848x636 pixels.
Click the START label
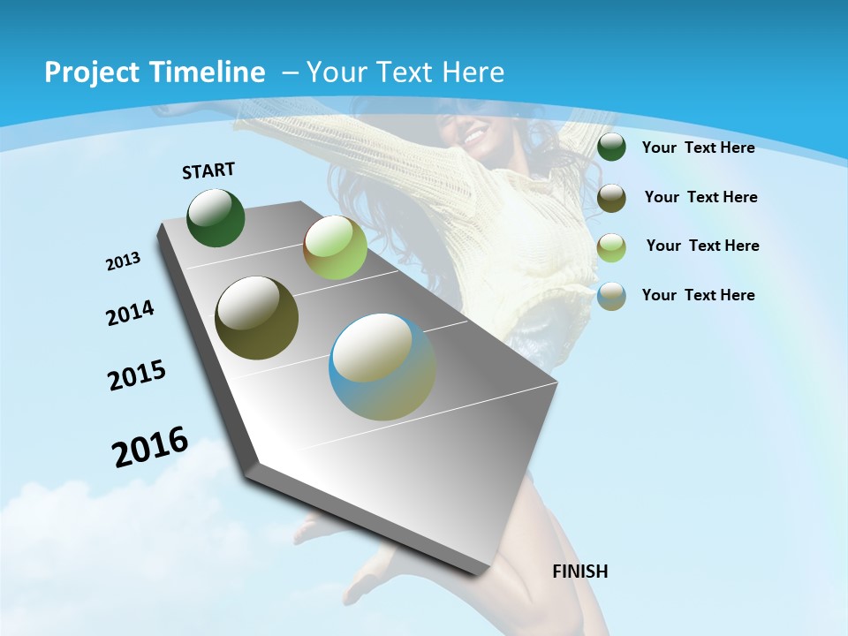click(208, 170)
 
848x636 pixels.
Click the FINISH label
click(580, 572)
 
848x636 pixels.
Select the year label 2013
click(123, 261)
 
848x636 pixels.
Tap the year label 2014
click(130, 314)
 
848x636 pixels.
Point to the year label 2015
click(137, 375)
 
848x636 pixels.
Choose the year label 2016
click(150, 447)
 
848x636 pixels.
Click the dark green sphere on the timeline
click(216, 218)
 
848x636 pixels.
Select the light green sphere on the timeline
click(335, 248)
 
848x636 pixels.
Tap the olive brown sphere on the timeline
click(257, 318)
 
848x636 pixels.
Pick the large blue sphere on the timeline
click(382, 367)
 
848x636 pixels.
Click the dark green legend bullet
click(611, 148)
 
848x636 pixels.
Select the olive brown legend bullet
click(611, 198)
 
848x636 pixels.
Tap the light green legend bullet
click(611, 247)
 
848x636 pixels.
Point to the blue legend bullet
click(611, 296)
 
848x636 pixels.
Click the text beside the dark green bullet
click(698, 148)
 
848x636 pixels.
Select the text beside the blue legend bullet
click(698, 295)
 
